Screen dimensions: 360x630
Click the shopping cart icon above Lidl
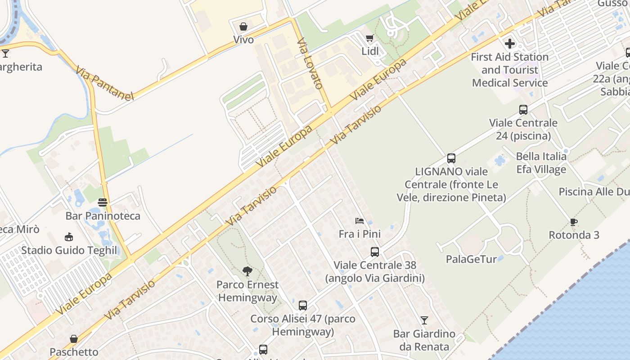(x=369, y=38)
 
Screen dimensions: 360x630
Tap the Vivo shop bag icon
(x=243, y=27)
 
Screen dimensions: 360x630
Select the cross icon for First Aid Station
(x=510, y=44)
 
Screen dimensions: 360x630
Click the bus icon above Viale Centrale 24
(x=523, y=109)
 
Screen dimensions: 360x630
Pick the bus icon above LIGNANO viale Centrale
(x=451, y=158)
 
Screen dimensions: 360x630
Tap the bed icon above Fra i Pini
(x=359, y=221)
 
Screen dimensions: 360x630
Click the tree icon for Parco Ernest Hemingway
(x=247, y=271)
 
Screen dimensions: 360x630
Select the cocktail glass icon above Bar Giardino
(x=424, y=320)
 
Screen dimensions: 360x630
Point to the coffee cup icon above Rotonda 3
(x=574, y=222)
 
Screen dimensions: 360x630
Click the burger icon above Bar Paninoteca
(x=103, y=202)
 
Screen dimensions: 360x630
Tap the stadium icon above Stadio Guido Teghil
(x=69, y=237)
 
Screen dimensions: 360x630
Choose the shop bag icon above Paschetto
(x=74, y=339)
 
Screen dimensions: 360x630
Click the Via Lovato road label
(x=310, y=63)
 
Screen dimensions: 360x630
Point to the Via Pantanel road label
(x=105, y=84)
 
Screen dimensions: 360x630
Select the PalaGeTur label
(x=471, y=259)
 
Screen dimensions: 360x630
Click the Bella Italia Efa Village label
(x=541, y=163)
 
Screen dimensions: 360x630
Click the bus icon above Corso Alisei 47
(x=303, y=306)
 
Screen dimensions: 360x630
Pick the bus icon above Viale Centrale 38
(x=375, y=252)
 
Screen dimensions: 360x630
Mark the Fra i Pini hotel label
(x=360, y=234)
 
